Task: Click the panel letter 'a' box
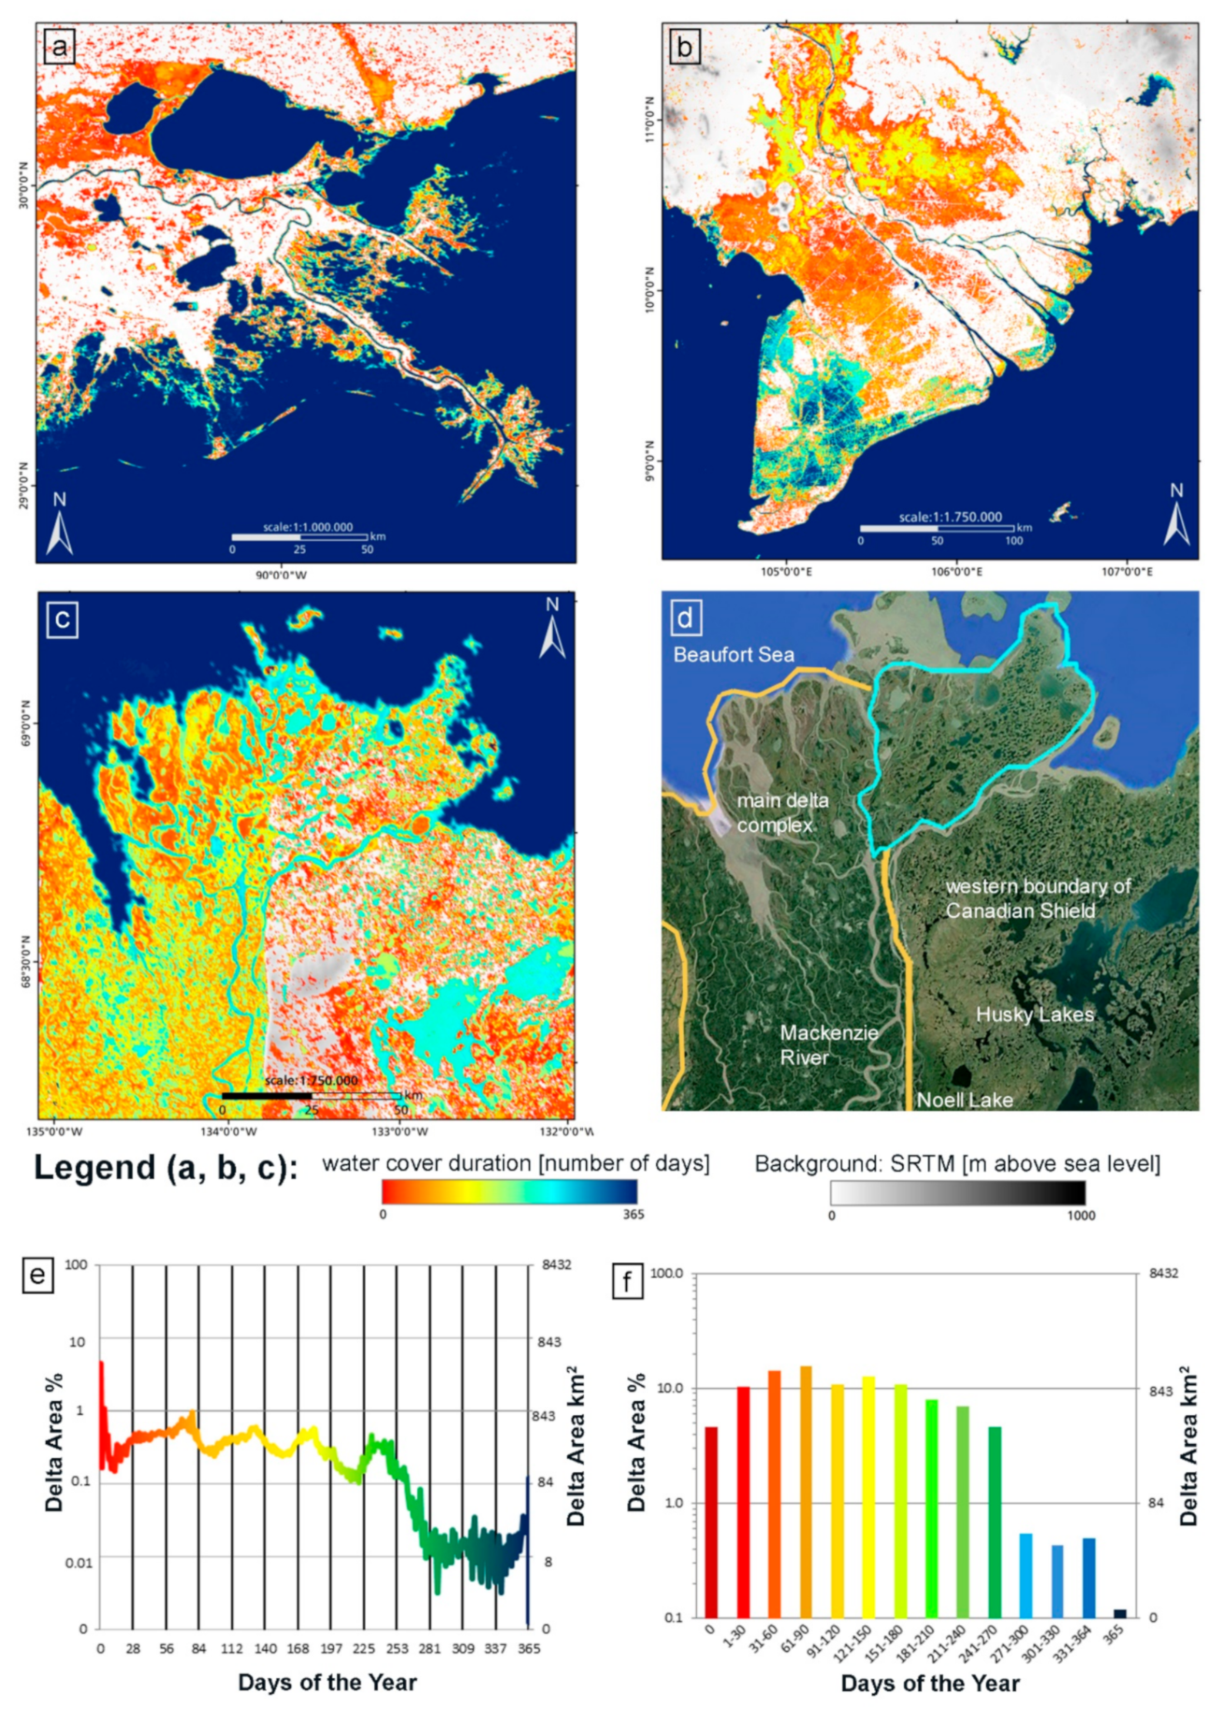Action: [x=59, y=48]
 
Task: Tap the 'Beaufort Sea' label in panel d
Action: [x=733, y=655]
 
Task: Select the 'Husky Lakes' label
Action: [x=1035, y=1014]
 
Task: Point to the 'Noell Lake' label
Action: [x=965, y=1100]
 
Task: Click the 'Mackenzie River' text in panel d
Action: [x=828, y=1044]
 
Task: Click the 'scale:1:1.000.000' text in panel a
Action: [x=308, y=528]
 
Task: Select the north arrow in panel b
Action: [x=1176, y=515]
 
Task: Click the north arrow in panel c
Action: [x=552, y=628]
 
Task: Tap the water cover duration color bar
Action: [x=509, y=1191]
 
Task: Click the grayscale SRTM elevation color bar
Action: [x=958, y=1192]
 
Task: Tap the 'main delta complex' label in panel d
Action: [x=782, y=812]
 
